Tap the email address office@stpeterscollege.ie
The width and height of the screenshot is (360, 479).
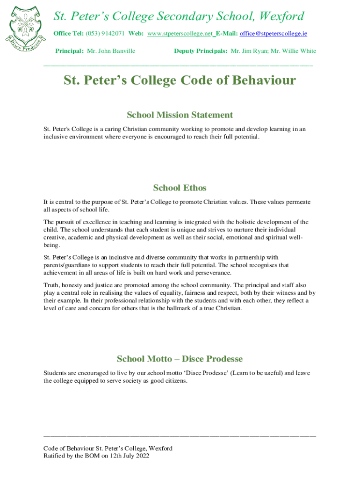273,34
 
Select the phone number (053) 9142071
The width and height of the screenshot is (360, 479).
105,34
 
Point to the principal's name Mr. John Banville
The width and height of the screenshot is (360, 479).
111,51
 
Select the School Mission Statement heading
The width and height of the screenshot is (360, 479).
180,115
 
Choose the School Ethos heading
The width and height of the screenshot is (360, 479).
180,188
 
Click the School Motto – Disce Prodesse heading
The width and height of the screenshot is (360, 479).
180,359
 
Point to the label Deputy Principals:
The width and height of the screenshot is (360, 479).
201,51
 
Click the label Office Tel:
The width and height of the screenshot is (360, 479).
68,34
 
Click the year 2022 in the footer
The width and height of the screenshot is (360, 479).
141,456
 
